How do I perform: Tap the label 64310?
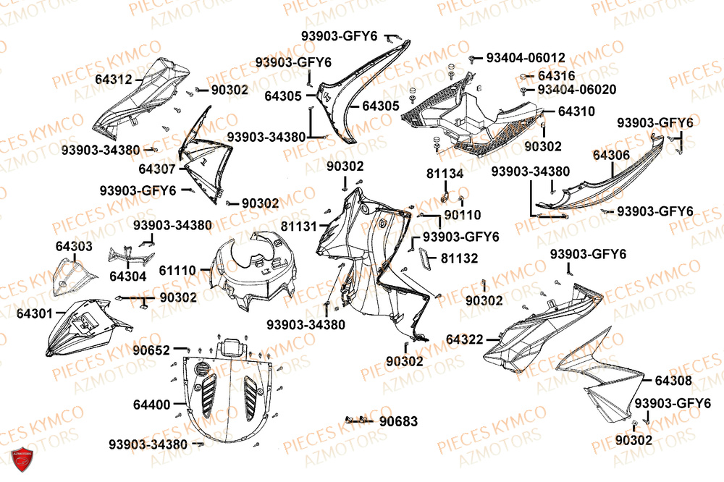pyautogui.click(x=576, y=111)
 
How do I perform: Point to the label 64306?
pyautogui.click(x=611, y=155)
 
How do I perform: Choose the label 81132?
pyautogui.click(x=459, y=258)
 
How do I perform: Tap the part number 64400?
pyautogui.click(x=151, y=403)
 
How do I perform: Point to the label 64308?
pyautogui.click(x=673, y=381)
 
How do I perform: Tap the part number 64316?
pyautogui.click(x=556, y=75)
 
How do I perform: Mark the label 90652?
pyautogui.click(x=152, y=350)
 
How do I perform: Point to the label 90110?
pyautogui.click(x=463, y=215)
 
